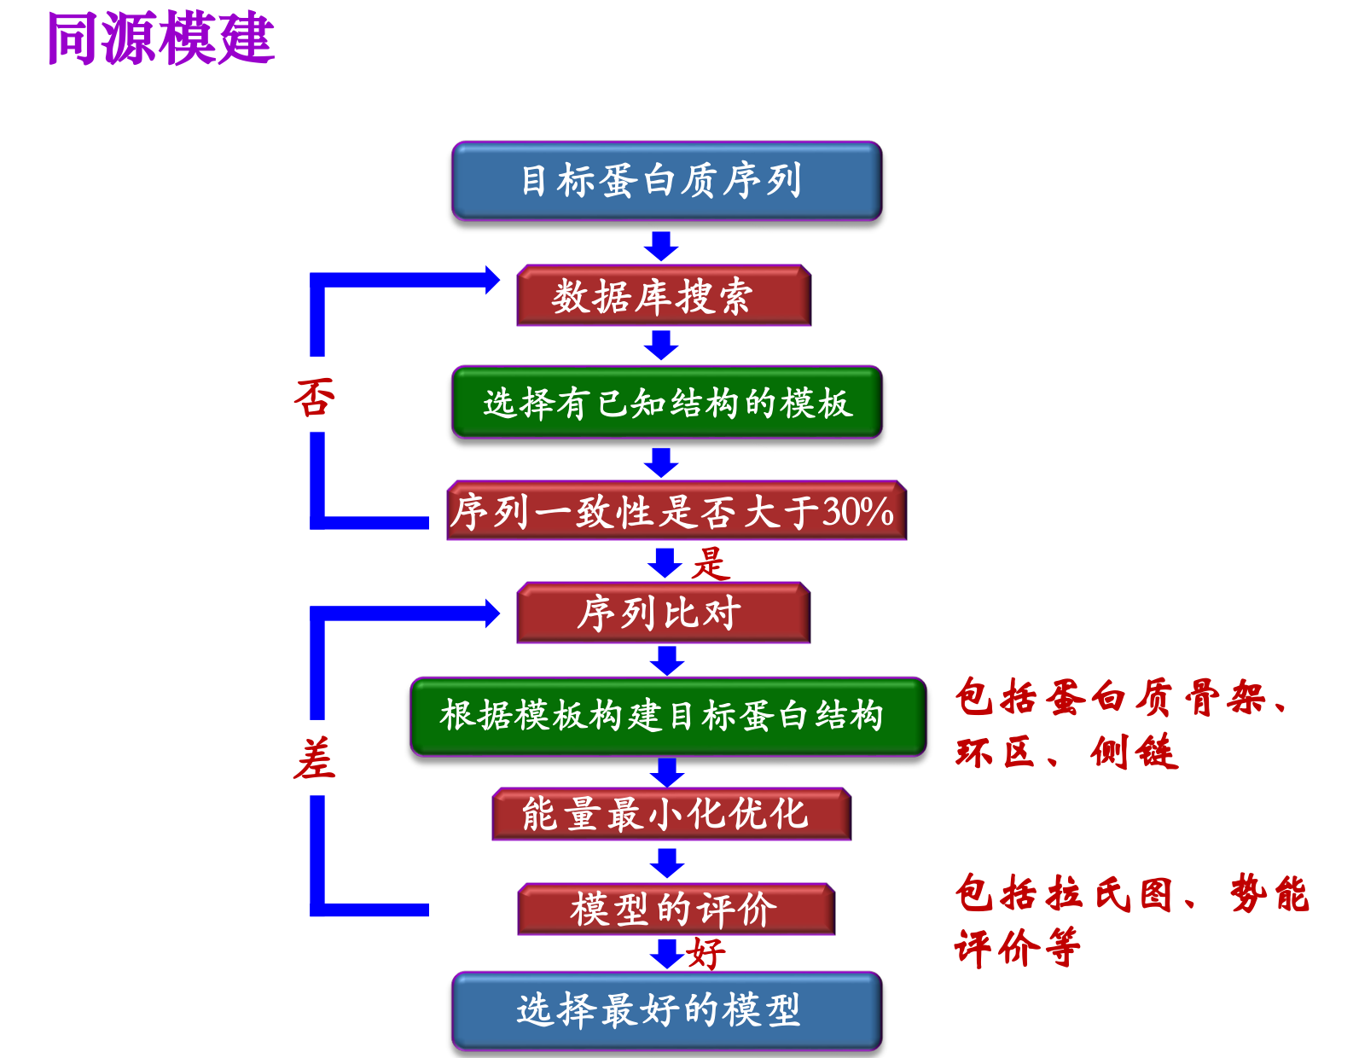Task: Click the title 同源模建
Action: (160, 39)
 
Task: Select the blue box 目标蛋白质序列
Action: (666, 181)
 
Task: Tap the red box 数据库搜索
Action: (663, 296)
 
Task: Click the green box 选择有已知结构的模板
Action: (666, 403)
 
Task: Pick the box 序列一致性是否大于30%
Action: (676, 511)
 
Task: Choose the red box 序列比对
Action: (663, 613)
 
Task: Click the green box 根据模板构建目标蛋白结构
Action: (667, 716)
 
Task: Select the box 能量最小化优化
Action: (671, 814)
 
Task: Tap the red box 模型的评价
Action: (676, 909)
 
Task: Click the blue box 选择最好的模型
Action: (666, 1010)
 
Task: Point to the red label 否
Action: (315, 398)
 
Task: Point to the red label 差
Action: (315, 759)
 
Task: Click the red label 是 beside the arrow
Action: (711, 564)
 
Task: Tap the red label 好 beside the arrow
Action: (706, 953)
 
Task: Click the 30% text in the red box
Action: (857, 512)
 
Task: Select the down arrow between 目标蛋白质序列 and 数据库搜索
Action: (661, 246)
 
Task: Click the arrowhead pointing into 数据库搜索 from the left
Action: (491, 280)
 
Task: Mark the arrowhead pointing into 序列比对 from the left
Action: (491, 613)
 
